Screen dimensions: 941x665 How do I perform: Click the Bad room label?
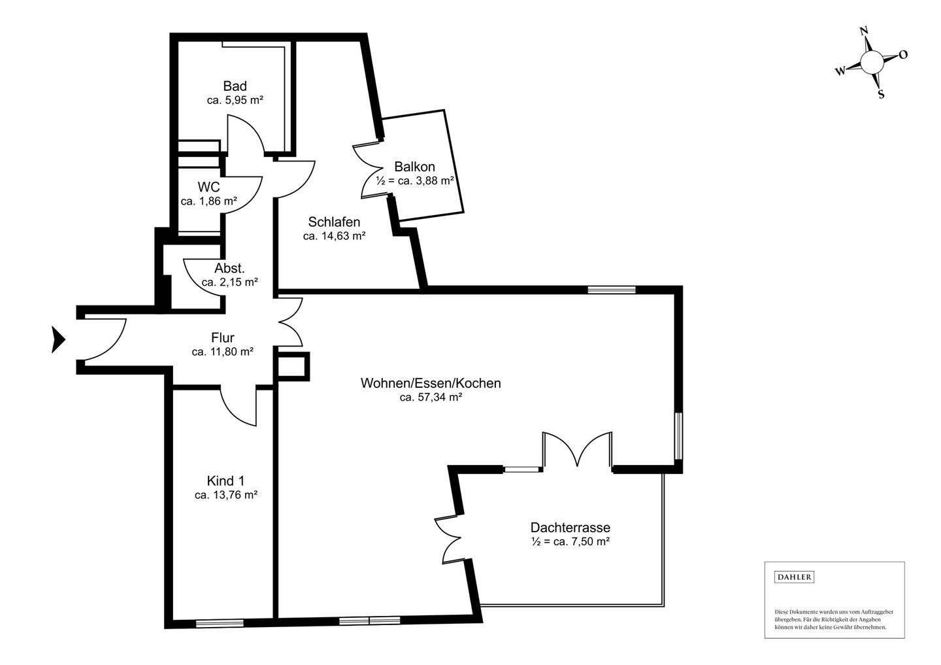coord(235,86)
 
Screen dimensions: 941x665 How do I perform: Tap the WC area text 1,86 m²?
coord(218,201)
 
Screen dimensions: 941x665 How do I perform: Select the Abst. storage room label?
coord(229,268)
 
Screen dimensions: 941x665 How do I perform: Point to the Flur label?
coord(223,337)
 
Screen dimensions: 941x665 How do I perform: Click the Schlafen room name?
coord(334,222)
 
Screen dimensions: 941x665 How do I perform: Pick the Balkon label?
coord(414,167)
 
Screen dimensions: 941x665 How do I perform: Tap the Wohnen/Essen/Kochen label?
coord(431,383)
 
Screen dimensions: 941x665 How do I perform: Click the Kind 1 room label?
coord(225,481)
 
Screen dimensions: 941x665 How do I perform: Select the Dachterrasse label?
coord(570,527)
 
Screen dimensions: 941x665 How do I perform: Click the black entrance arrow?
coord(58,339)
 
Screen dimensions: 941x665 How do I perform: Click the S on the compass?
coord(881,95)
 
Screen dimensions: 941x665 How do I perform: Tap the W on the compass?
coord(840,71)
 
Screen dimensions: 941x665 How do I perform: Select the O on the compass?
coord(903,55)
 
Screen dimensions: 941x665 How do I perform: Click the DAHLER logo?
coord(794,577)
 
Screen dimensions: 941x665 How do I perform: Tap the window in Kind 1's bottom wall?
coord(220,623)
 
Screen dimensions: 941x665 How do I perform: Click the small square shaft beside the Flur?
coord(291,367)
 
